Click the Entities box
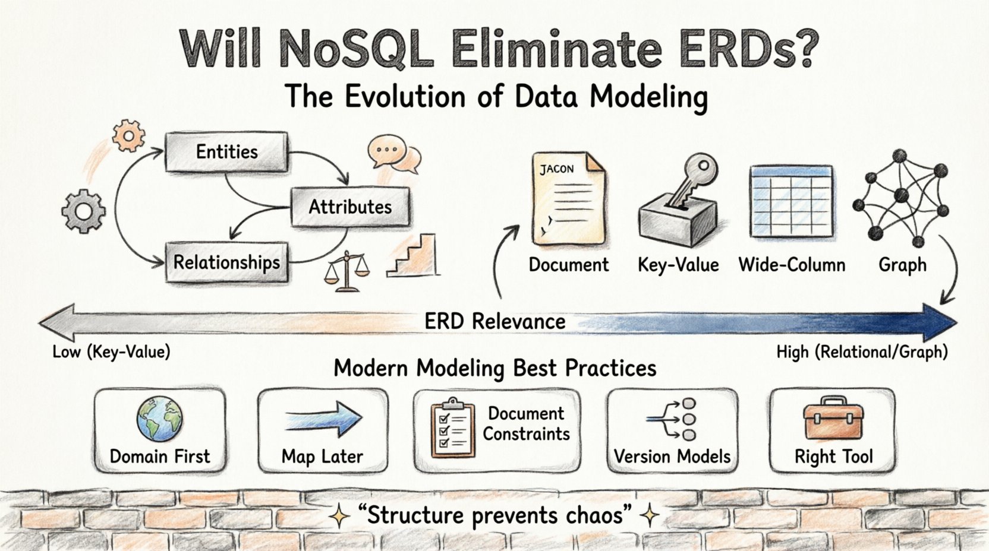(x=226, y=152)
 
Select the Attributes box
(x=349, y=207)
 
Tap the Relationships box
(x=226, y=262)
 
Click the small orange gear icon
(x=128, y=135)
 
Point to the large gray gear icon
(x=84, y=211)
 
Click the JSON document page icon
(x=568, y=199)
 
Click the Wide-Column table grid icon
(x=791, y=202)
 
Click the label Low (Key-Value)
(x=111, y=352)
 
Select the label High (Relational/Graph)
(x=862, y=352)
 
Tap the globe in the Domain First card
(x=159, y=419)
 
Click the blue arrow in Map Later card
(x=323, y=419)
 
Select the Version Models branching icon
(x=672, y=419)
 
